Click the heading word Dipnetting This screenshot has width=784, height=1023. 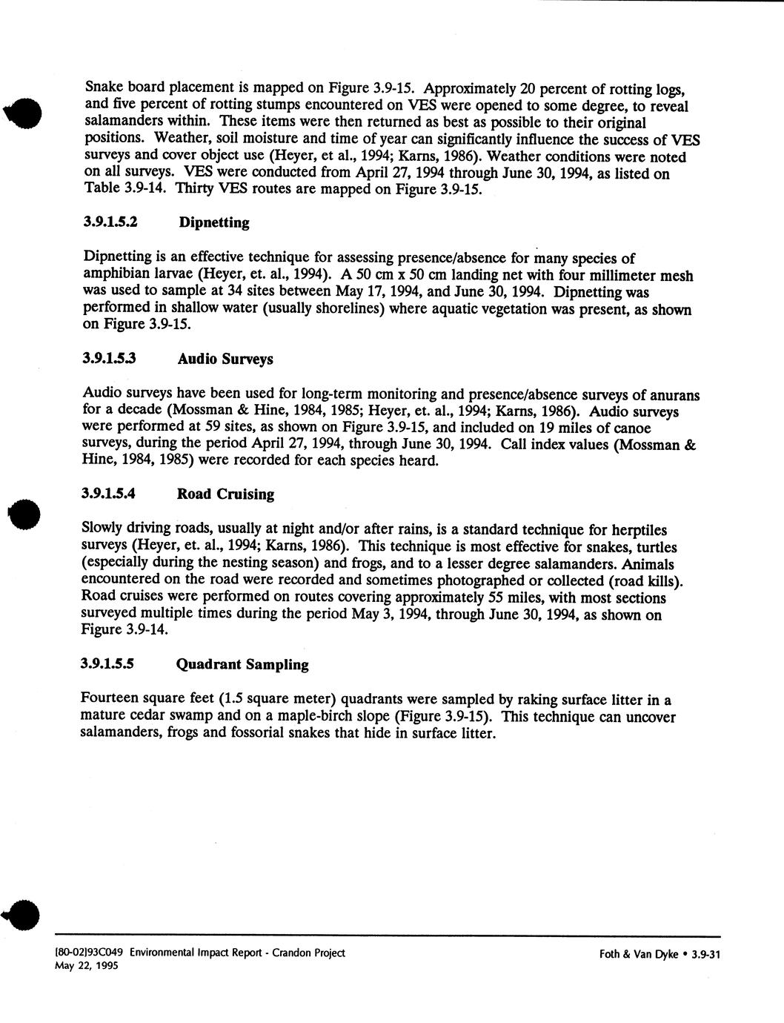(213, 222)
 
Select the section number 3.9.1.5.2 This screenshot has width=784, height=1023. (113, 222)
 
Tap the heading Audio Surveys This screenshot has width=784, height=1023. (225, 359)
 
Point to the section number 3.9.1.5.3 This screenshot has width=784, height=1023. (113, 359)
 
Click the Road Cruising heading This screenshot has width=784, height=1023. (225, 494)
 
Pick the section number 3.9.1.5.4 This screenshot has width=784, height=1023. (113, 494)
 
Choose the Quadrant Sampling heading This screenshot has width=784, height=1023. (242, 664)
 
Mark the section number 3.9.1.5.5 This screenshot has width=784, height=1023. (113, 664)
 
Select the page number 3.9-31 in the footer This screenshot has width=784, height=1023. (705, 955)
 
